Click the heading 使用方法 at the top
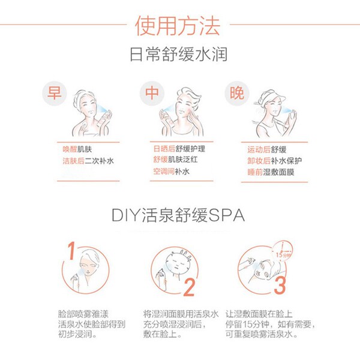[x=178, y=26]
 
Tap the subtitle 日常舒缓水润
[x=179, y=54]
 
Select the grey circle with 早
[x=55, y=93]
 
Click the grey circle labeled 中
[x=152, y=93]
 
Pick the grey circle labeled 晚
[x=237, y=93]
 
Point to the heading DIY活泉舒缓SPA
[x=178, y=215]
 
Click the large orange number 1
[x=71, y=251]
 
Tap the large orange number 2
[x=189, y=287]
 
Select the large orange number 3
[x=280, y=286]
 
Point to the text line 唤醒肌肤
[x=77, y=149]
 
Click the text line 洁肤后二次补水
[x=88, y=161]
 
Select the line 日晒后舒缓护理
[x=179, y=149]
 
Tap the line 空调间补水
[x=171, y=171]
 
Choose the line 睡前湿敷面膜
[x=271, y=172]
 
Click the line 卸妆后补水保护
[x=274, y=160]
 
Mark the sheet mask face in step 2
[x=177, y=264]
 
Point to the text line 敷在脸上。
[x=163, y=334]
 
